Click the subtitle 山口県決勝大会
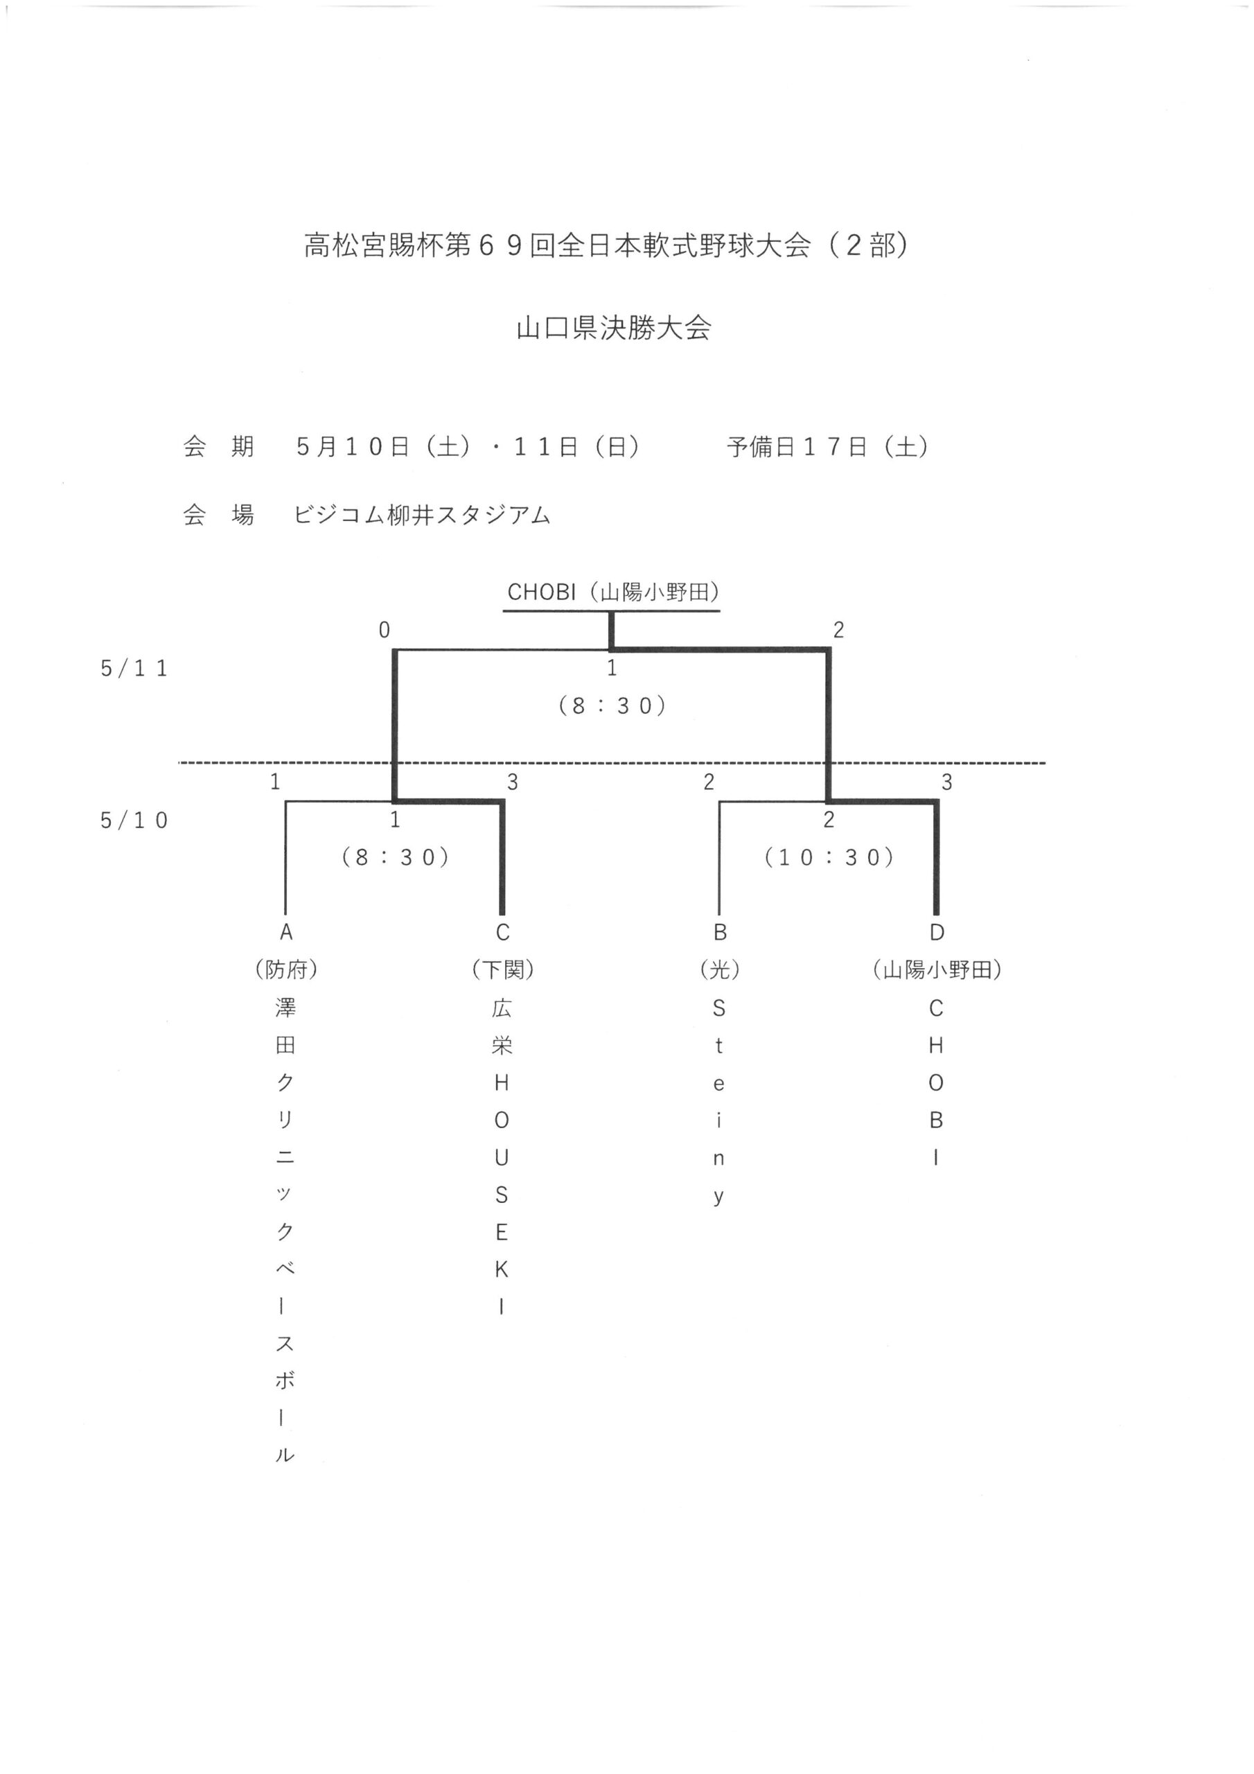[x=615, y=328]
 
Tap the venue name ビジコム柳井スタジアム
[x=422, y=515]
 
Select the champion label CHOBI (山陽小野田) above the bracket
[x=613, y=592]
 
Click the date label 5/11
[x=134, y=668]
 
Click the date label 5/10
[x=134, y=820]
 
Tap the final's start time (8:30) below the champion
[x=612, y=705]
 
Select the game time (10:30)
[x=829, y=858]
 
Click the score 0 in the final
[x=384, y=631]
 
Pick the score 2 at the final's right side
[x=838, y=631]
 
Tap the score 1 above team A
[x=275, y=782]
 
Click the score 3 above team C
[x=512, y=782]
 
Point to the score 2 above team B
[x=709, y=782]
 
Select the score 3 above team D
[x=946, y=782]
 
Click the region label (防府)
[x=286, y=969]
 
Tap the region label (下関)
[x=502, y=969]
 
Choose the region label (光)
[x=719, y=969]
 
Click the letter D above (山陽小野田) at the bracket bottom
[x=937, y=933]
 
